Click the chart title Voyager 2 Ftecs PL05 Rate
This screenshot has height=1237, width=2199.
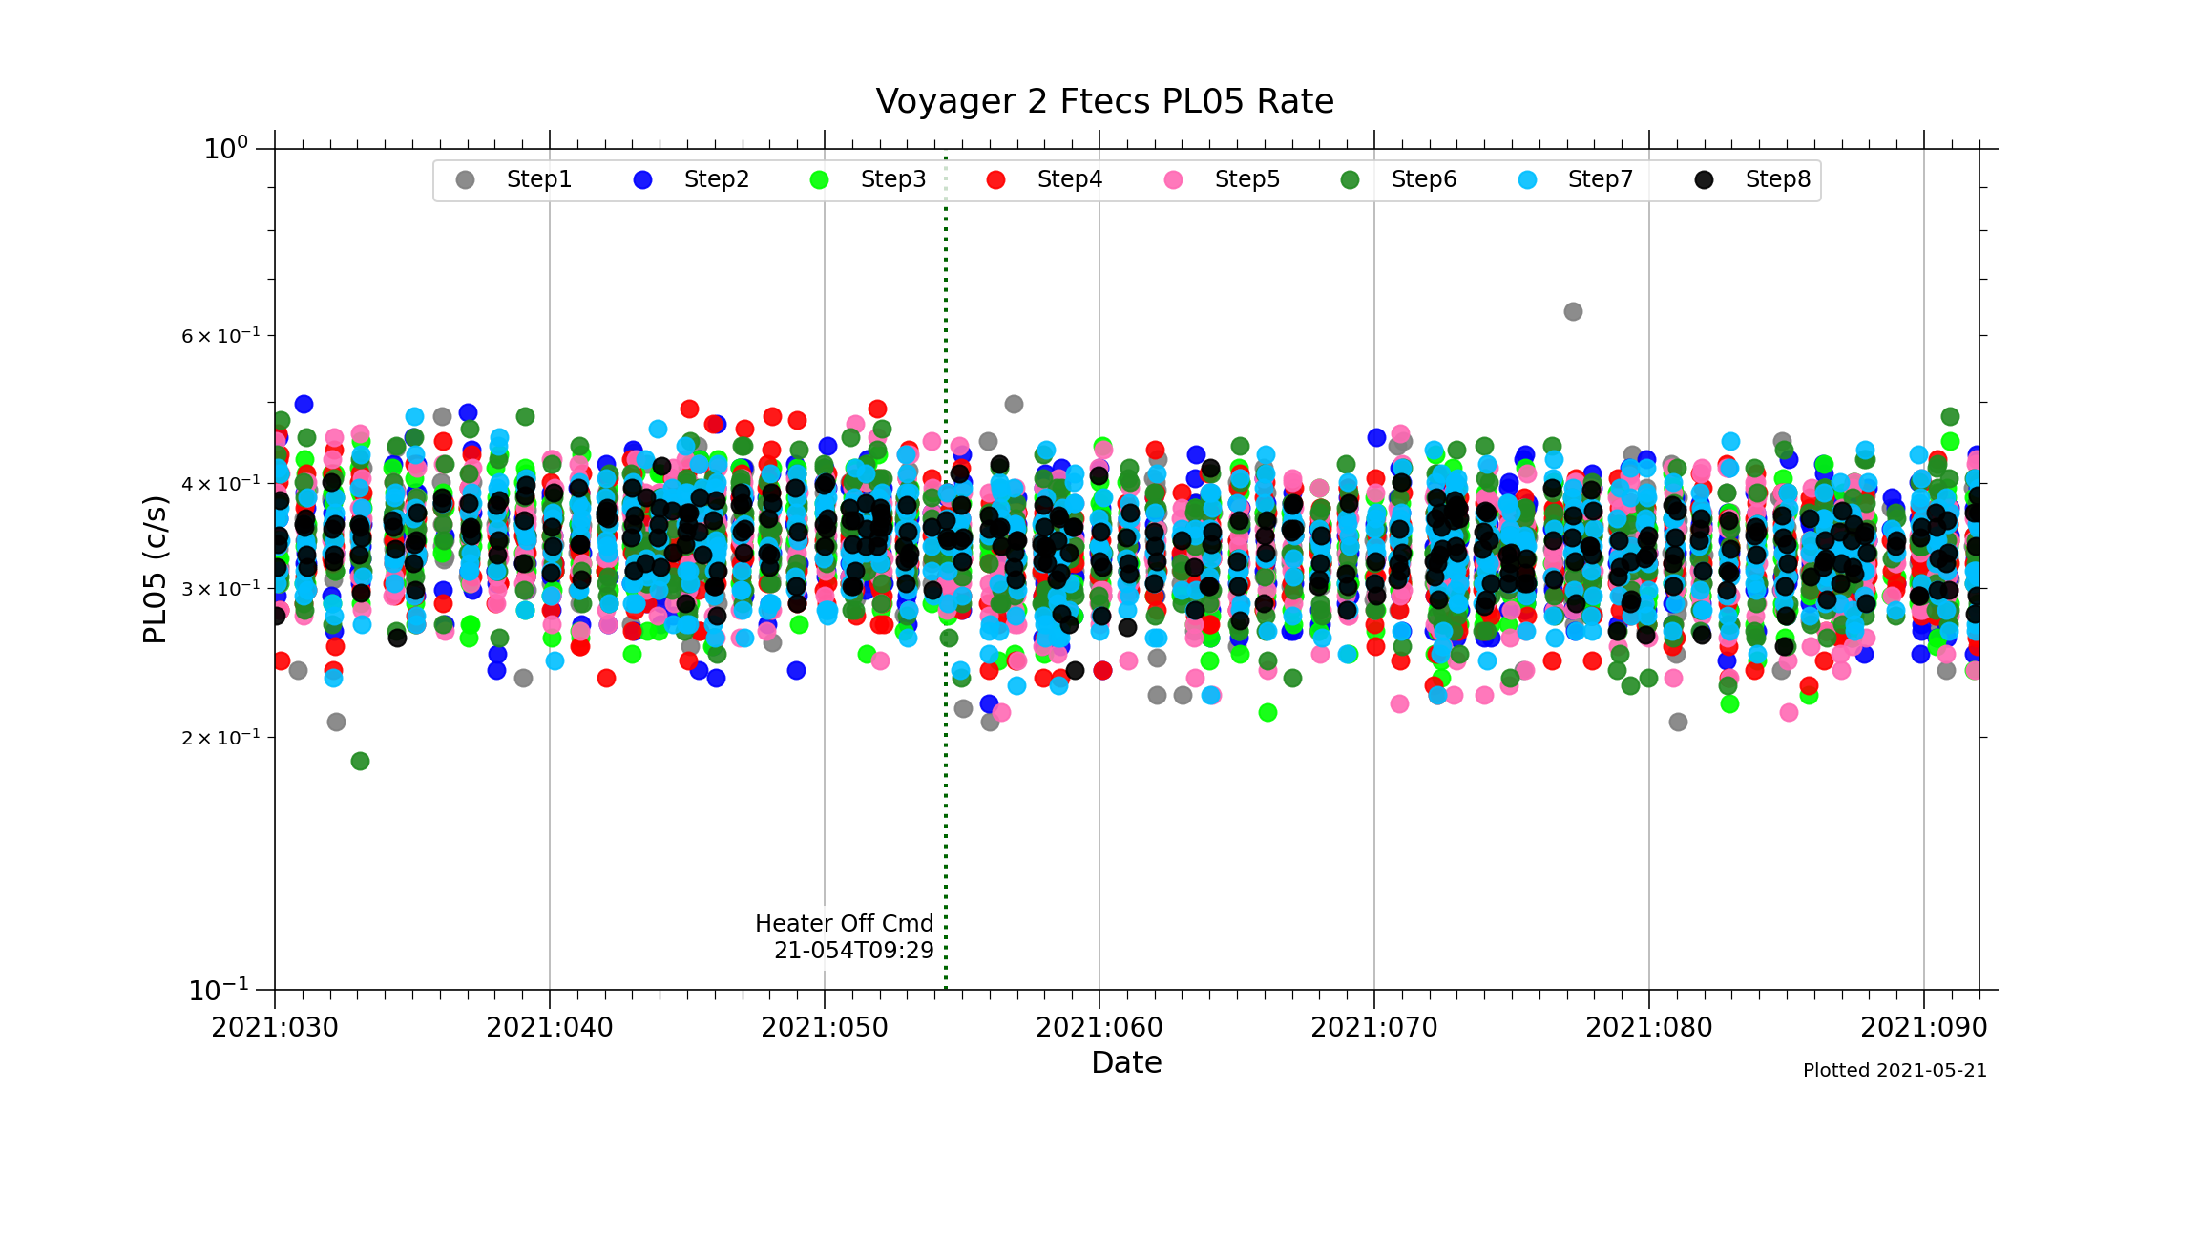click(1104, 101)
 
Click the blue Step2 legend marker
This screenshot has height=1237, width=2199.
click(643, 180)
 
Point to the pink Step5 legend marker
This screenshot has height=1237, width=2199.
click(1174, 180)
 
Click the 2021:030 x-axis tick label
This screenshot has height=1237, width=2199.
click(275, 1028)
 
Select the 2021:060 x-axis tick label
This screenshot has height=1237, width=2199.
click(1099, 1028)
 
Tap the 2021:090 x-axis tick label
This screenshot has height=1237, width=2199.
click(1923, 1028)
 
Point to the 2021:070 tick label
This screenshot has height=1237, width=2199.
click(1374, 1028)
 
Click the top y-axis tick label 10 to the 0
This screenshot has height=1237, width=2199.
click(225, 149)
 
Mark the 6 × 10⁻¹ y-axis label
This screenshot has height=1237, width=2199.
click(220, 336)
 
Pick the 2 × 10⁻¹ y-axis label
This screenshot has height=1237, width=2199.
click(220, 738)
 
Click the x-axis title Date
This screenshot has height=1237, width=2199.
click(1126, 1063)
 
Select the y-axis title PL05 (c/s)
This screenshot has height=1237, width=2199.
click(155, 569)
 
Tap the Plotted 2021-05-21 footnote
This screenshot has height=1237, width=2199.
click(1895, 1071)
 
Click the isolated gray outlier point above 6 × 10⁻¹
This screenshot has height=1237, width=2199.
click(1573, 312)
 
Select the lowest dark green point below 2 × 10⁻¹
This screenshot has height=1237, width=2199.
click(360, 761)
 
